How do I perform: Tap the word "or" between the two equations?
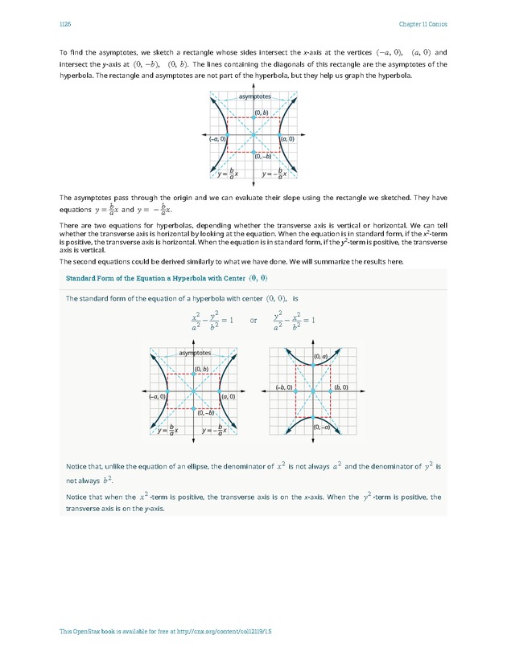[253, 319]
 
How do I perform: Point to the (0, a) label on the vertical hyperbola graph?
[319, 356]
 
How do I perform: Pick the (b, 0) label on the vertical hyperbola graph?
[340, 387]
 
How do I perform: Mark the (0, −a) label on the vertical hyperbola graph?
[320, 428]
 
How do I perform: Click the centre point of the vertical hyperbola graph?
[312, 391]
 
